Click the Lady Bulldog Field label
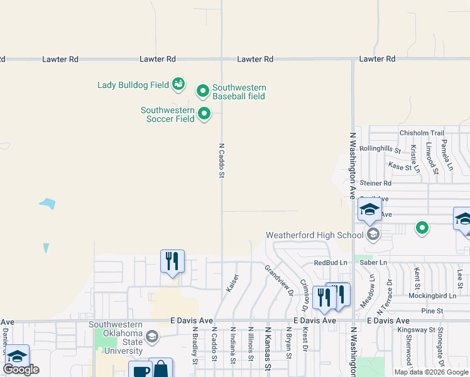pos(133,84)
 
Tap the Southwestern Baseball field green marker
pos(203,92)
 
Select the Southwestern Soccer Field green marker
pos(204,114)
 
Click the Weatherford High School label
pos(314,235)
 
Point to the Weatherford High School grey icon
pos(373,235)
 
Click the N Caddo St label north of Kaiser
pos(221,160)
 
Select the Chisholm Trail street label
pos(422,133)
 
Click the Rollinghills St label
pos(380,149)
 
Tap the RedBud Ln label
pos(330,263)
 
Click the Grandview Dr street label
pos(279,280)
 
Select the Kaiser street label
pos(232,282)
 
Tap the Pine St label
pos(432,311)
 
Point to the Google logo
pos(21,369)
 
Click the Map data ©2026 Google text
pos(431,372)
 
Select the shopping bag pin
pos(161,368)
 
